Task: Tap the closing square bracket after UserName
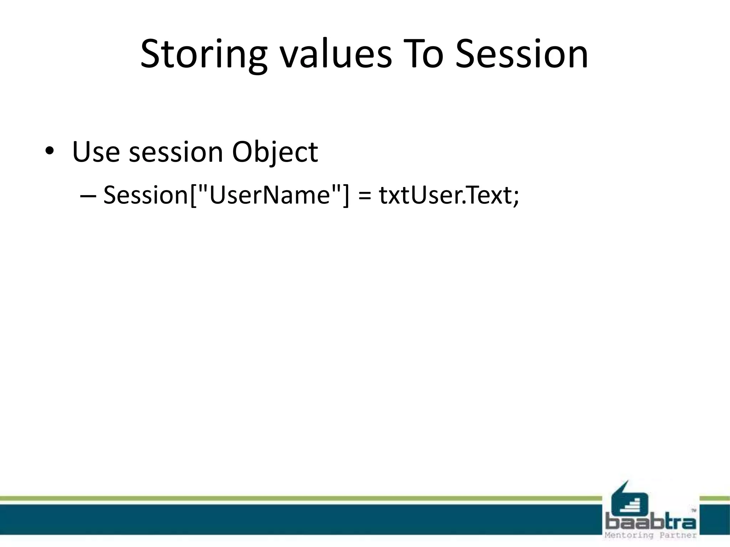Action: tap(346, 195)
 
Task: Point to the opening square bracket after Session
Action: tap(194, 195)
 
